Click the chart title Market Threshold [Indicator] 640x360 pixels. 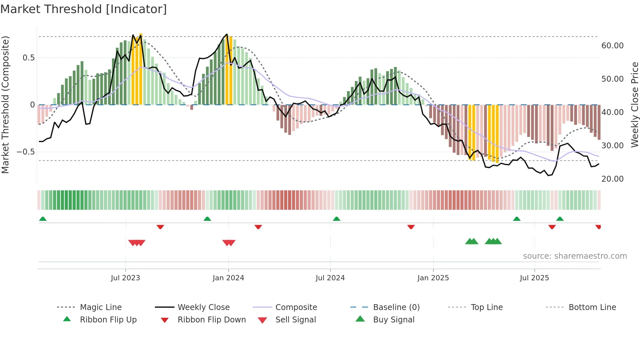pos(84,9)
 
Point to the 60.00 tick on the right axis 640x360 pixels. pos(612,46)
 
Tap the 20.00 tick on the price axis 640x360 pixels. pos(612,179)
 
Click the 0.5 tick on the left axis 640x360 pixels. pos(28,58)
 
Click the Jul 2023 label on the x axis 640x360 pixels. pos(125,278)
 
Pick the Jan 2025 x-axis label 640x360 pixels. pos(433,278)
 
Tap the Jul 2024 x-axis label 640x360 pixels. pos(330,278)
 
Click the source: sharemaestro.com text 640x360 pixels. pos(575,256)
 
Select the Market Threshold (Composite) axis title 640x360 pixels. pos(5,105)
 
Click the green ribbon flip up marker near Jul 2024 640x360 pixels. pos(337,219)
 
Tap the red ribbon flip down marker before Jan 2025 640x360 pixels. pos(411,227)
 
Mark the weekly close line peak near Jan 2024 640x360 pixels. pos(227,34)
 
